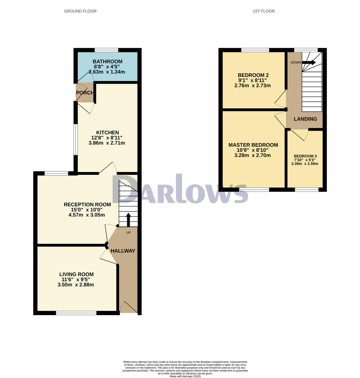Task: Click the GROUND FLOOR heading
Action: point(80,11)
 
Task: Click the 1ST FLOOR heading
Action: point(264,11)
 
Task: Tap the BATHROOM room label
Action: point(107,61)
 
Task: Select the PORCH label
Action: point(85,93)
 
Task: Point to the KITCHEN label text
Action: point(107,133)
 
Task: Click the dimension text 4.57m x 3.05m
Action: point(87,215)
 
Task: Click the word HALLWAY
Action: point(123,251)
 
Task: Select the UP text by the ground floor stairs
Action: point(128,233)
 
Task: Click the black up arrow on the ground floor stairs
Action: point(128,220)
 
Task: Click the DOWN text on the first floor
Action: point(296,62)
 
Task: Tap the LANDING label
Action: point(305,119)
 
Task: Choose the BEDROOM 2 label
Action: point(253,75)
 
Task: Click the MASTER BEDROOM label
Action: point(253,145)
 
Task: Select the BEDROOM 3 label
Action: point(305,156)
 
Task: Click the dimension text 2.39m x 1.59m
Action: point(305,164)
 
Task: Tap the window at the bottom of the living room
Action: point(76,313)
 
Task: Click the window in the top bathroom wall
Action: point(106,50)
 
